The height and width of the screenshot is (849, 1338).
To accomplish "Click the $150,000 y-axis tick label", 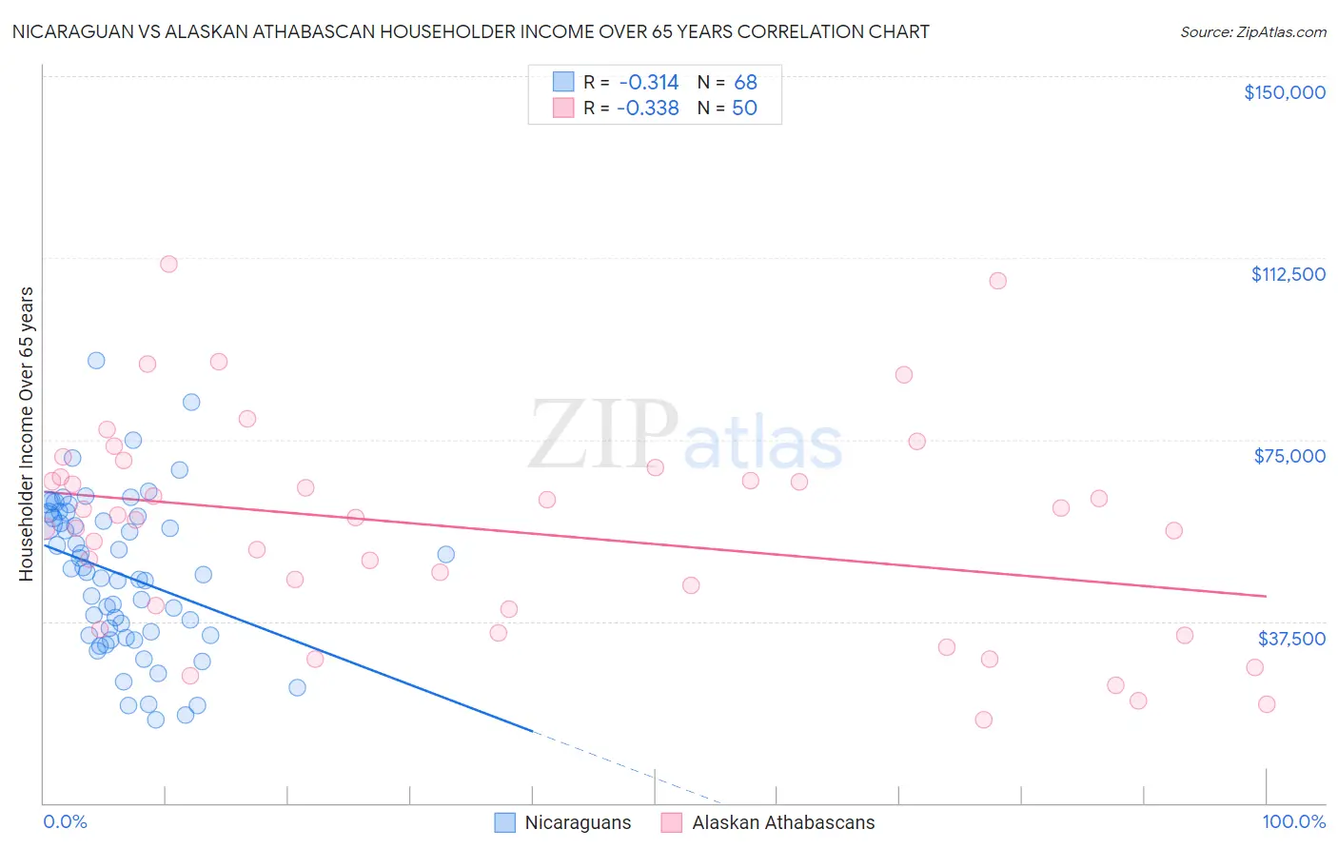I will point(1284,92).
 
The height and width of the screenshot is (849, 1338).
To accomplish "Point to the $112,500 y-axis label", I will point(1288,274).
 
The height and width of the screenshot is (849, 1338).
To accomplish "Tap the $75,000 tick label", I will point(1289,456).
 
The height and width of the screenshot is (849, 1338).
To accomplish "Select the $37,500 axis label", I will point(1291,639).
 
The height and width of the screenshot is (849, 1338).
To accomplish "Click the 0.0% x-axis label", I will point(65,821).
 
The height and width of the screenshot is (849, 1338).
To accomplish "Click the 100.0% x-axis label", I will point(1293,821).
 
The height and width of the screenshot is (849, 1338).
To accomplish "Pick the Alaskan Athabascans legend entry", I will point(768,823).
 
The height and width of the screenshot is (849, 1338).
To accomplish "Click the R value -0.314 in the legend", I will point(648,82).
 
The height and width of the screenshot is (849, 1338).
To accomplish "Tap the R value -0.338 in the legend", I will point(648,108).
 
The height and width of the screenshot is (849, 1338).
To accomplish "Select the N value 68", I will point(745,82).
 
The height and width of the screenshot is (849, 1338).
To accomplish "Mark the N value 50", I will point(744,108).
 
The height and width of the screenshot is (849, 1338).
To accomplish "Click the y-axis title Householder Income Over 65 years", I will point(27,434).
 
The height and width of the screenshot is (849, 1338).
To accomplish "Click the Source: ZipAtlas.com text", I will point(1252,32).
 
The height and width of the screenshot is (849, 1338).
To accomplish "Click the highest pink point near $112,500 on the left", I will point(168,264).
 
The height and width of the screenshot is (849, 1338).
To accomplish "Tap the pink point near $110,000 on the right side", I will point(997,281).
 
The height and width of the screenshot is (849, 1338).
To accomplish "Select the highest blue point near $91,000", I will point(96,360).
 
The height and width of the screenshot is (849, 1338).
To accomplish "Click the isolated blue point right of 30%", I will point(445,554).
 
